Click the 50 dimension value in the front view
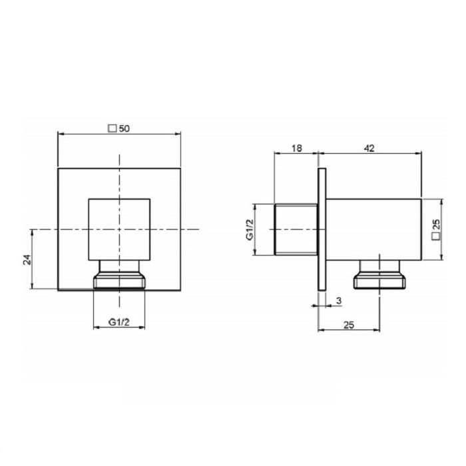coord(124,128)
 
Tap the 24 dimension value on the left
coord(27,260)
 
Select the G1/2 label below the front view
coord(119,322)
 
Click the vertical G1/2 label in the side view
coord(250,229)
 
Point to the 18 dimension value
coord(296,148)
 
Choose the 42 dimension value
coord(369,148)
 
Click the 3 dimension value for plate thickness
coord(339,301)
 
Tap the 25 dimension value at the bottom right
coord(349,325)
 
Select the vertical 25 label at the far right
coord(436,224)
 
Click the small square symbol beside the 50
coord(112,128)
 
